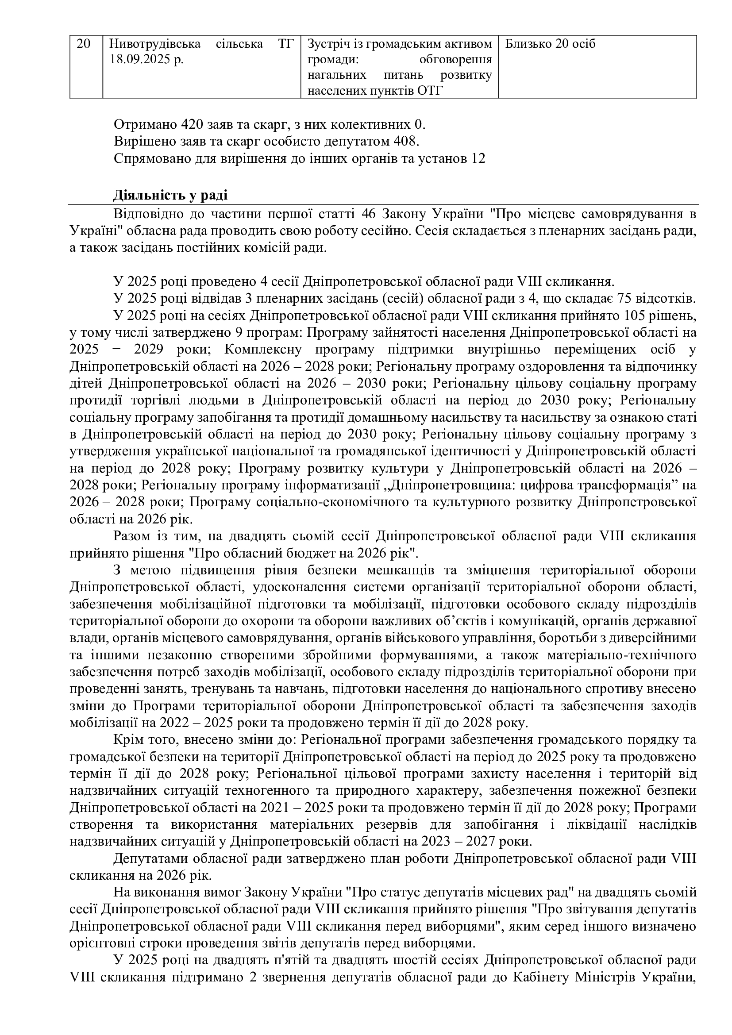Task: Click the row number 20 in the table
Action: tap(84, 44)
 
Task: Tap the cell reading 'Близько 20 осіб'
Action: tap(551, 44)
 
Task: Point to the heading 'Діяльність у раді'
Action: tap(170, 195)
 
